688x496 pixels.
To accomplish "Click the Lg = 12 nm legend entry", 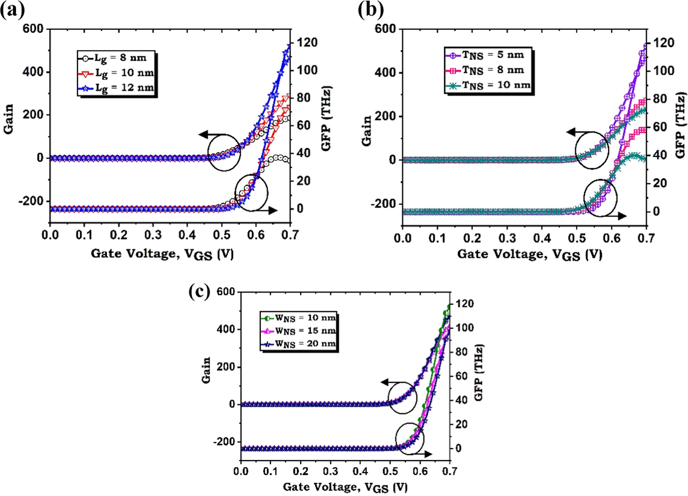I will pyautogui.click(x=116, y=88).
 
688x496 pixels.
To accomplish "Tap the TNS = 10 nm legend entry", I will pyautogui.click(x=488, y=85).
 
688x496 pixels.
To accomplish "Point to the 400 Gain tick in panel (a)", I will pyautogui.click(x=34, y=72).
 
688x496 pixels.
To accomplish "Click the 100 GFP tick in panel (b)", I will pyautogui.click(x=664, y=71).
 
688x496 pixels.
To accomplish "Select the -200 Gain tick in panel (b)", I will pyautogui.click(x=383, y=204).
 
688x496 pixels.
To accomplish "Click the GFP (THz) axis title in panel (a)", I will pyautogui.click(x=326, y=119).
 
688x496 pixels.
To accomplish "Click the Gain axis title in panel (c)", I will pyautogui.click(x=207, y=370).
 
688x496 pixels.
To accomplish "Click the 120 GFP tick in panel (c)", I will pyautogui.click(x=465, y=304).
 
